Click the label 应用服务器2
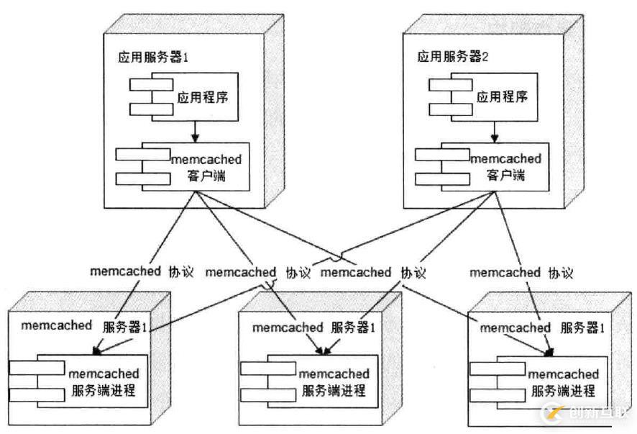pos(454,56)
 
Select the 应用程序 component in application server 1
pos(202,96)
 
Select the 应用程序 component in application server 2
pos(500,96)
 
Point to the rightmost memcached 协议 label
pos(521,272)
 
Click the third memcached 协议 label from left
pos(372,272)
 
